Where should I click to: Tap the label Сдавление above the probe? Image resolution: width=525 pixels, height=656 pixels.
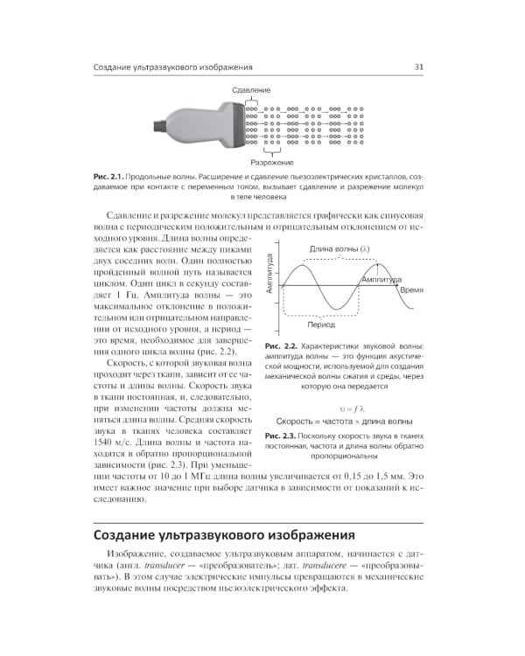(x=251, y=90)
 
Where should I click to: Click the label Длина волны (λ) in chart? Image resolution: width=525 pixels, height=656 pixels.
(x=339, y=248)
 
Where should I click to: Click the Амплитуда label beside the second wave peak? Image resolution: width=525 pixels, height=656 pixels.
(x=378, y=280)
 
